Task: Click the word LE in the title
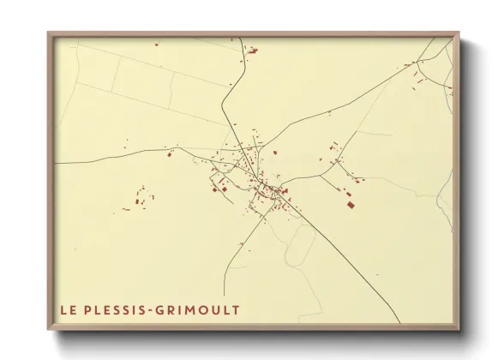click(x=66, y=309)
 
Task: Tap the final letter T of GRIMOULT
click(x=236, y=309)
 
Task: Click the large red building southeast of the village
click(x=350, y=205)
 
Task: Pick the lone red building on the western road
click(x=170, y=156)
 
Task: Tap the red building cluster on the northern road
click(x=253, y=52)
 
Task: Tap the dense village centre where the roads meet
click(x=253, y=171)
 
